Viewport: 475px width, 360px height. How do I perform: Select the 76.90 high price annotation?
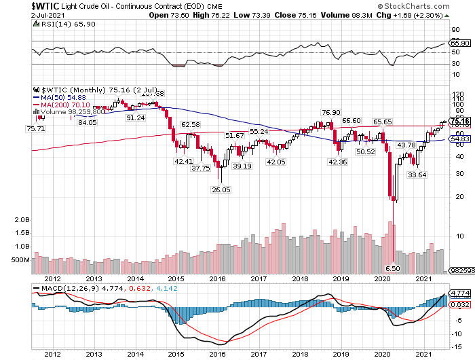point(330,113)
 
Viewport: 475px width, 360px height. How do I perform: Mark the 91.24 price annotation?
point(136,118)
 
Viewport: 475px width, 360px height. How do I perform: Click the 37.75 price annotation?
point(200,168)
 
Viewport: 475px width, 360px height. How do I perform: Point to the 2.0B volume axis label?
point(21,221)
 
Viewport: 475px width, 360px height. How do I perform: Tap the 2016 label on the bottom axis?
point(216,354)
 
